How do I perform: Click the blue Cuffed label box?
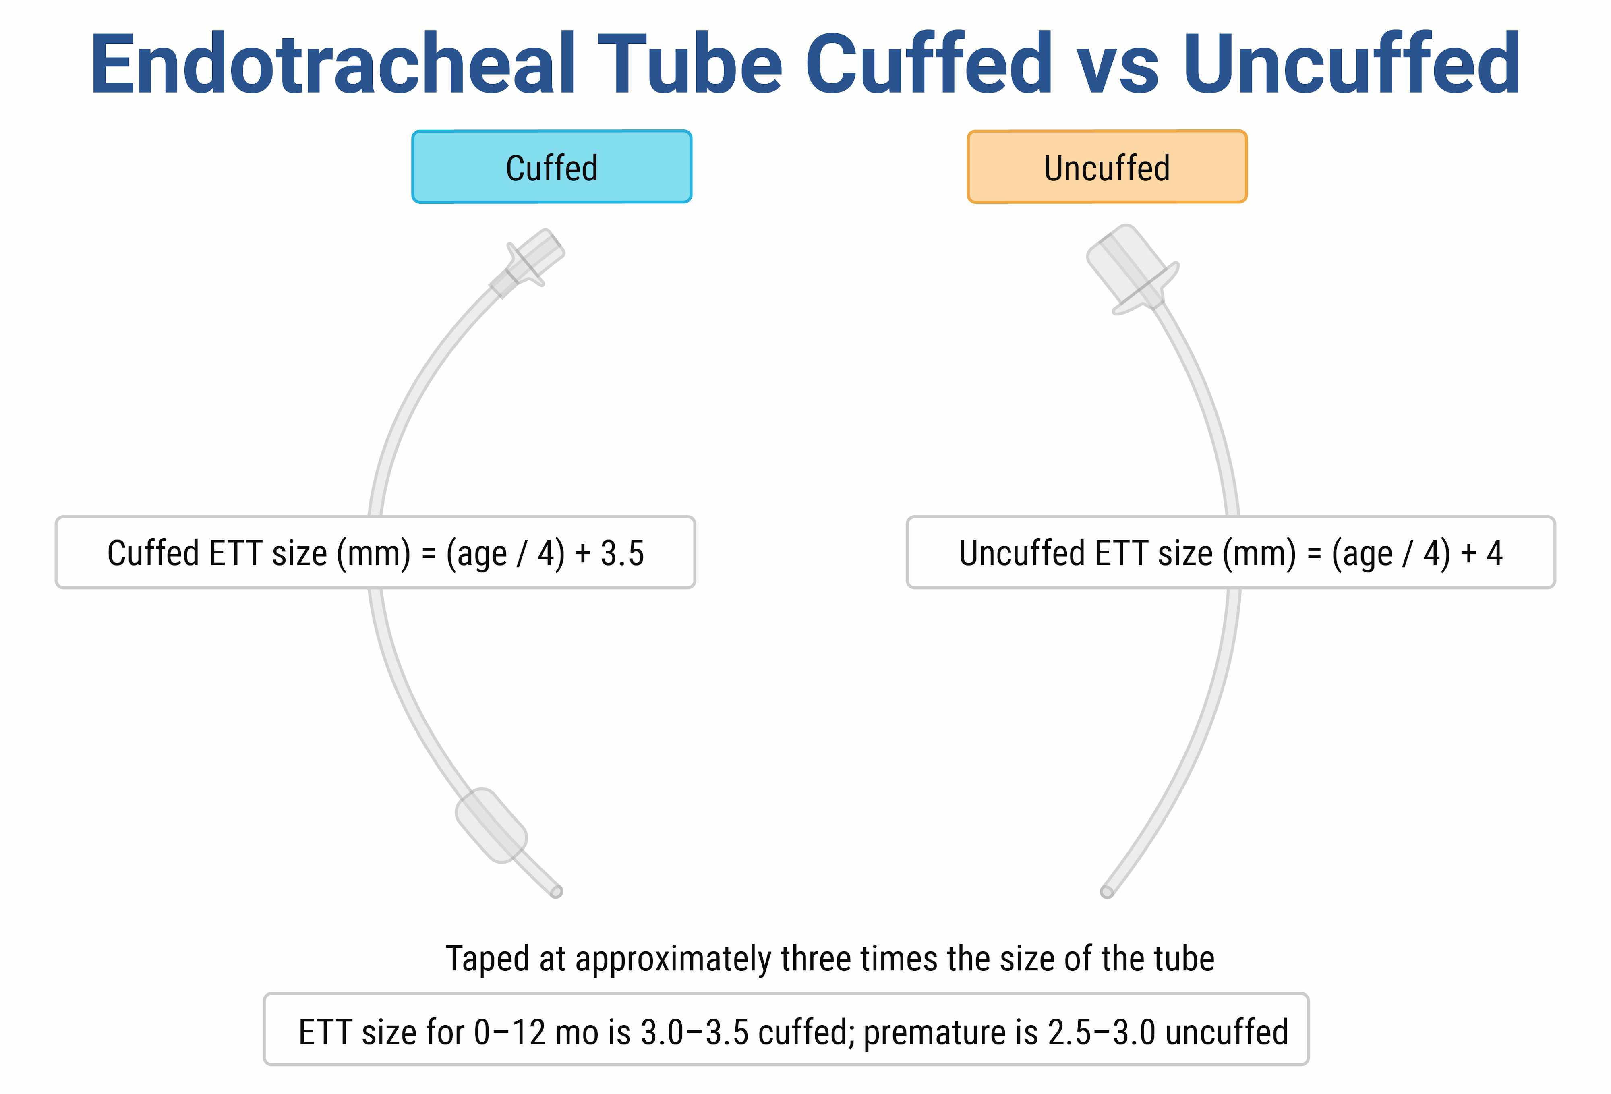coord(552,166)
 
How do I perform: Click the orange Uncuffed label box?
coord(1107,166)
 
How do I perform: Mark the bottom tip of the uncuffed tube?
coord(1106,892)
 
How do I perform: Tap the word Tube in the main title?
coord(690,64)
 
